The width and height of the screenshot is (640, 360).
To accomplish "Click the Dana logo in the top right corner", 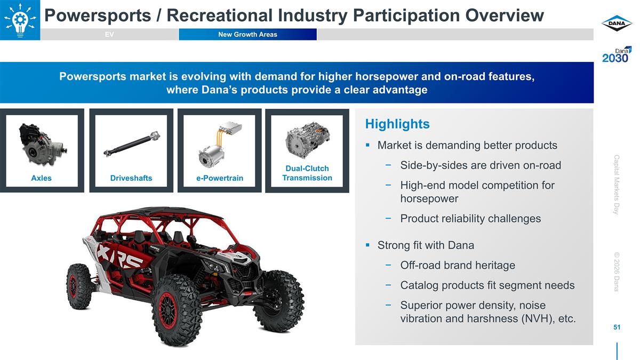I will click(617, 23).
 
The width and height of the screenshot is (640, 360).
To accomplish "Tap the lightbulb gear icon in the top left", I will click(20, 20).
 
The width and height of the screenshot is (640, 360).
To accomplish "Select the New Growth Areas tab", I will click(247, 35).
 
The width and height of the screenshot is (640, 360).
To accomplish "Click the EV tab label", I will click(109, 35).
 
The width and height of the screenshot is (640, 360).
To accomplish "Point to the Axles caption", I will click(41, 178).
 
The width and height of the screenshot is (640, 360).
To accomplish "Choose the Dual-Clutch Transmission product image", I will click(307, 140).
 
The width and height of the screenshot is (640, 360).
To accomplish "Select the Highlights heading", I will click(397, 124).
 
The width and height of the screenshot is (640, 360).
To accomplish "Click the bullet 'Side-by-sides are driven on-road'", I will click(480, 165).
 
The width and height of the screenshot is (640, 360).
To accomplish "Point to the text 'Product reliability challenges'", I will click(470, 219).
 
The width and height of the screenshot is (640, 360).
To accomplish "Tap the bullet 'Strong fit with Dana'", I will click(425, 245).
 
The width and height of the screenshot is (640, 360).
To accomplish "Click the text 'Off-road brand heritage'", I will click(458, 266).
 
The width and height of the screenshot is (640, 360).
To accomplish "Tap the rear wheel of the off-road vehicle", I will click(79, 286).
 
